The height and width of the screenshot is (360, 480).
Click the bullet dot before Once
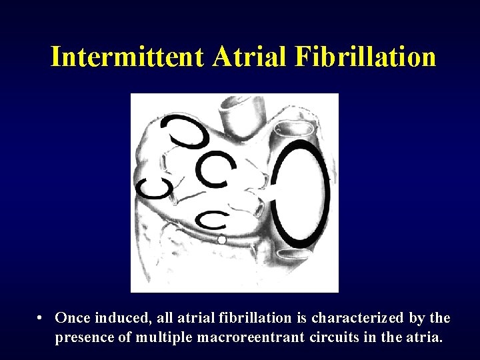coord(41,317)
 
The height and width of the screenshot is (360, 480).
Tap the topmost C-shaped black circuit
coord(187,132)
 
